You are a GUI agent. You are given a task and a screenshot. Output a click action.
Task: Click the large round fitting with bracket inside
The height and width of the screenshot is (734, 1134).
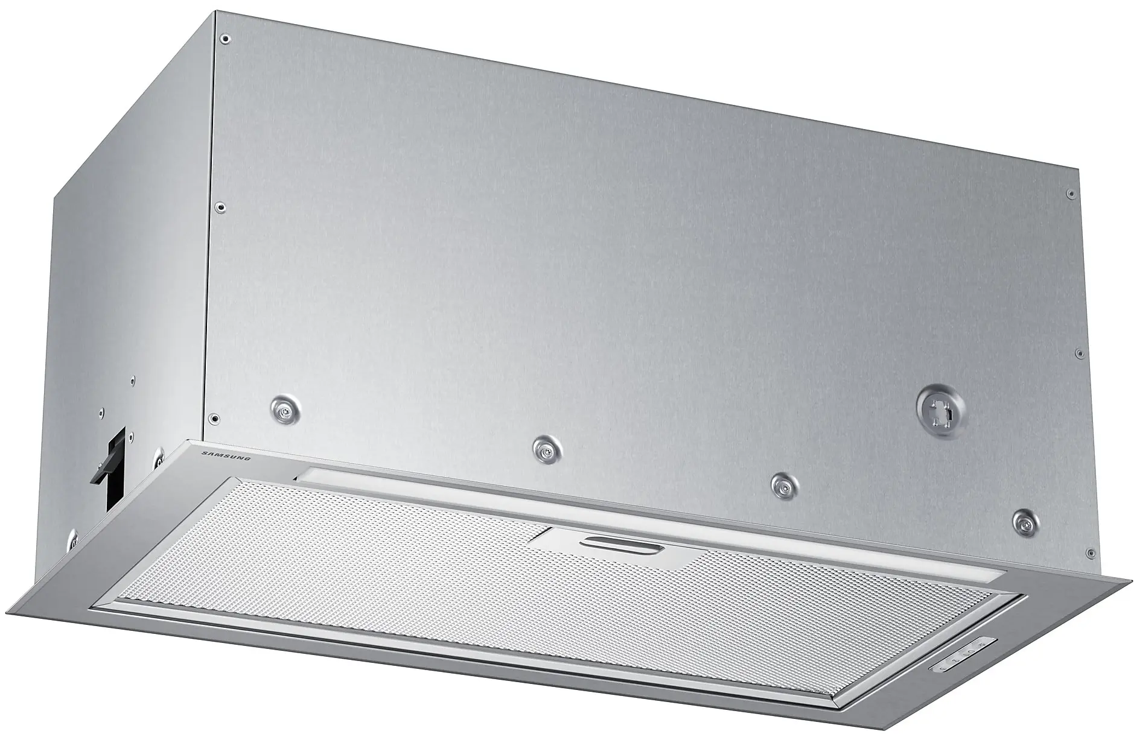point(938,411)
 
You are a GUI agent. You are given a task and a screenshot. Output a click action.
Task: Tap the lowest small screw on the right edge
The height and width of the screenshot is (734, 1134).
point(1089,552)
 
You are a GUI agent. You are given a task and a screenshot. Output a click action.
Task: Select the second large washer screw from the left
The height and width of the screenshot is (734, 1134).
point(547,448)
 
